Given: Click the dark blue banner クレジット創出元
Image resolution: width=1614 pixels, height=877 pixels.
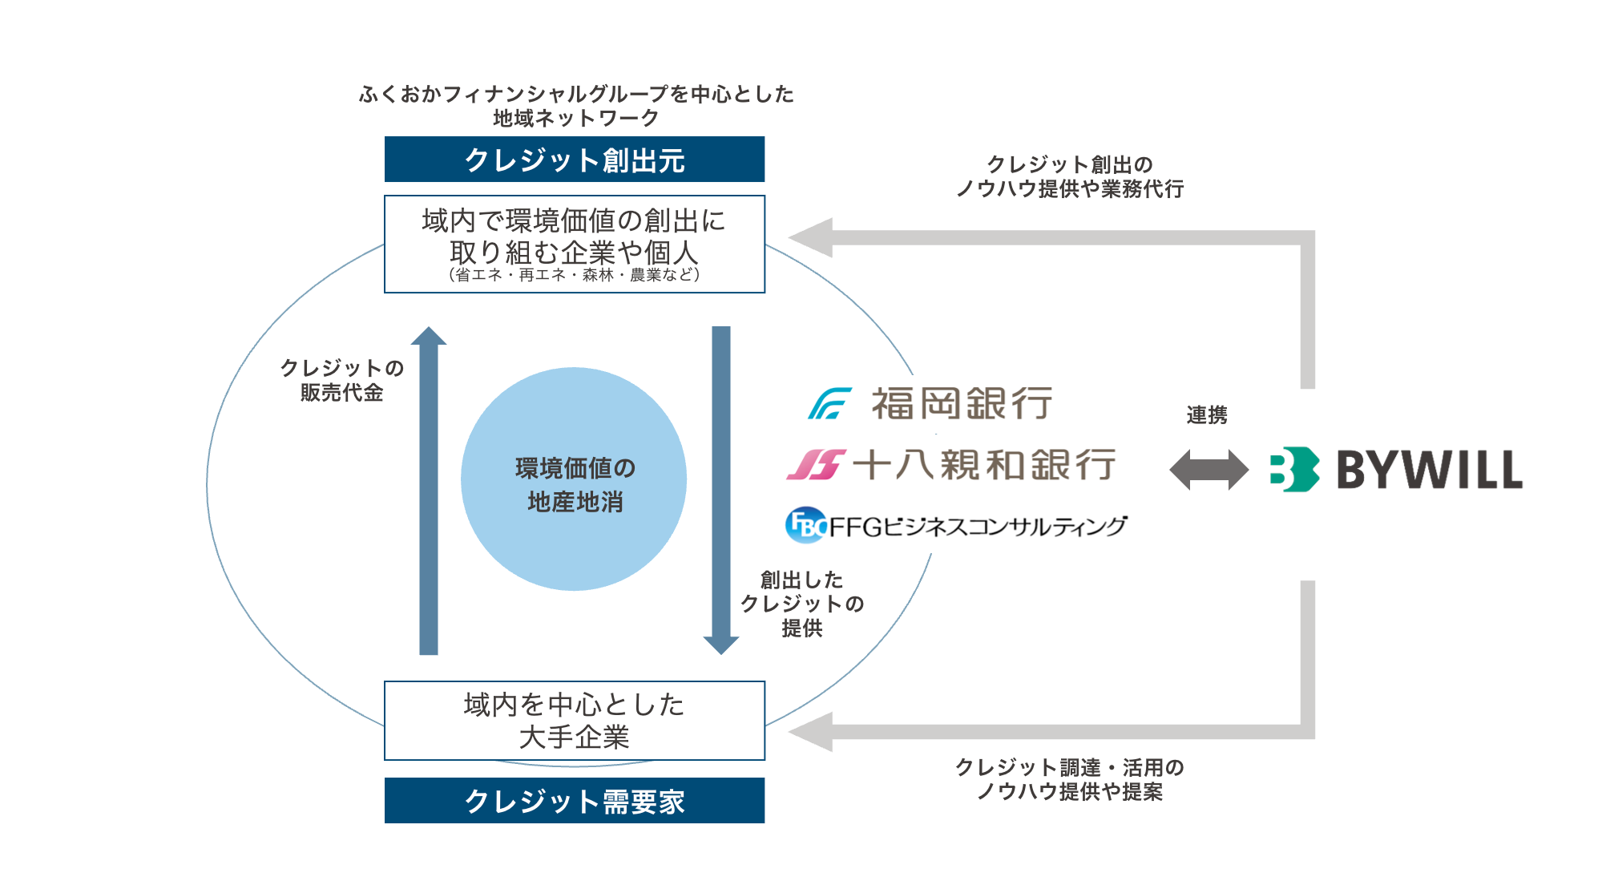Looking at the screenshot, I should [574, 160].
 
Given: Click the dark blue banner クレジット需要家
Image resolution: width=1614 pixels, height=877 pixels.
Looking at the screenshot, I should [574, 800].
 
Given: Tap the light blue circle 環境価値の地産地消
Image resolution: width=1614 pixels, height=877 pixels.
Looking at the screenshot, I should [574, 479].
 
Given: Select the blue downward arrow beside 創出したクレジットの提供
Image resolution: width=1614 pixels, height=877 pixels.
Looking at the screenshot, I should [721, 489].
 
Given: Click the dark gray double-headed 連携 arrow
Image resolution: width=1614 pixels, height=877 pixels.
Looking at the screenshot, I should [1208, 470].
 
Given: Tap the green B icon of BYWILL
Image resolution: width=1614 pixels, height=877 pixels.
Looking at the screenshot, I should [1293, 469].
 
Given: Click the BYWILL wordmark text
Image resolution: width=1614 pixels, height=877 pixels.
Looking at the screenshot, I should [1430, 470].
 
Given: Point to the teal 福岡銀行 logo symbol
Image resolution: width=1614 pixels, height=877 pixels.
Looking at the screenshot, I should [829, 403].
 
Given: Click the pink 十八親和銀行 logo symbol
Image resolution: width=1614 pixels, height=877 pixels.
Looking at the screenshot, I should [816, 464].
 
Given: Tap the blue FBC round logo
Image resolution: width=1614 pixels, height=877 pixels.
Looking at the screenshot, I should [805, 525].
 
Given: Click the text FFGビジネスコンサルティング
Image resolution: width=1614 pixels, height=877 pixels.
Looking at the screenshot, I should [978, 527].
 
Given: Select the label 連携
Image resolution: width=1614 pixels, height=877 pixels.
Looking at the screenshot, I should [1206, 415].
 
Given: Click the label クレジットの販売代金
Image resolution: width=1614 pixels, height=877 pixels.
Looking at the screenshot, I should [341, 380].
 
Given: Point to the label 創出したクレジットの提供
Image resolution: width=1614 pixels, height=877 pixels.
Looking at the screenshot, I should [801, 604].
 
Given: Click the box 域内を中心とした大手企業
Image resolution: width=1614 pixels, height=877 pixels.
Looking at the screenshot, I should [574, 720].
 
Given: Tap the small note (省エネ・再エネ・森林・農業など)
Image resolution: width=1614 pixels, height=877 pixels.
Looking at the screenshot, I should [574, 275].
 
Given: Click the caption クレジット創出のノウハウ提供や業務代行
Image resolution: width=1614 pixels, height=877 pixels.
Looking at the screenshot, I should [1069, 176].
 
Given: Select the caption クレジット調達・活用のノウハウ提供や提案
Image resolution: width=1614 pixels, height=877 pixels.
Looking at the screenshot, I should [1069, 779].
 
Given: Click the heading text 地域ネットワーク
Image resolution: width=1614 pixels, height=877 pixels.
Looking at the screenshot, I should [575, 119].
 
